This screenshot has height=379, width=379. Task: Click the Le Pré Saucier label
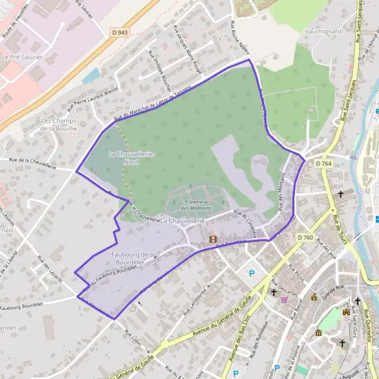coord(17,57)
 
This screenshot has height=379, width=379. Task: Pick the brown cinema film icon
coord(213,239)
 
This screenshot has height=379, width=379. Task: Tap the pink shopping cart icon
coord(285,299)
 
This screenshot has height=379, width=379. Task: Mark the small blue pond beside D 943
coord(90,76)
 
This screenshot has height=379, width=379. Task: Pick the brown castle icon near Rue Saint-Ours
coord(346,312)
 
